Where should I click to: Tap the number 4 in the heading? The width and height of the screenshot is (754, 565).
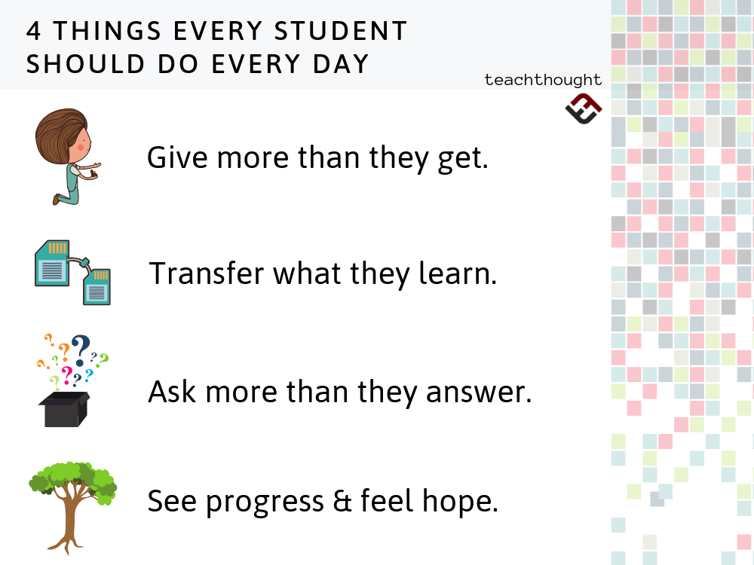tap(34, 31)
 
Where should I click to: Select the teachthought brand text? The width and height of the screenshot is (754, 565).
tap(543, 79)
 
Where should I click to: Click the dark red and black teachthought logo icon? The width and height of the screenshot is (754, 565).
tap(583, 108)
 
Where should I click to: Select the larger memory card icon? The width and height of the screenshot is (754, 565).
tap(53, 263)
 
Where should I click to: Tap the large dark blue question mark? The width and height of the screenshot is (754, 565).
tap(79, 349)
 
